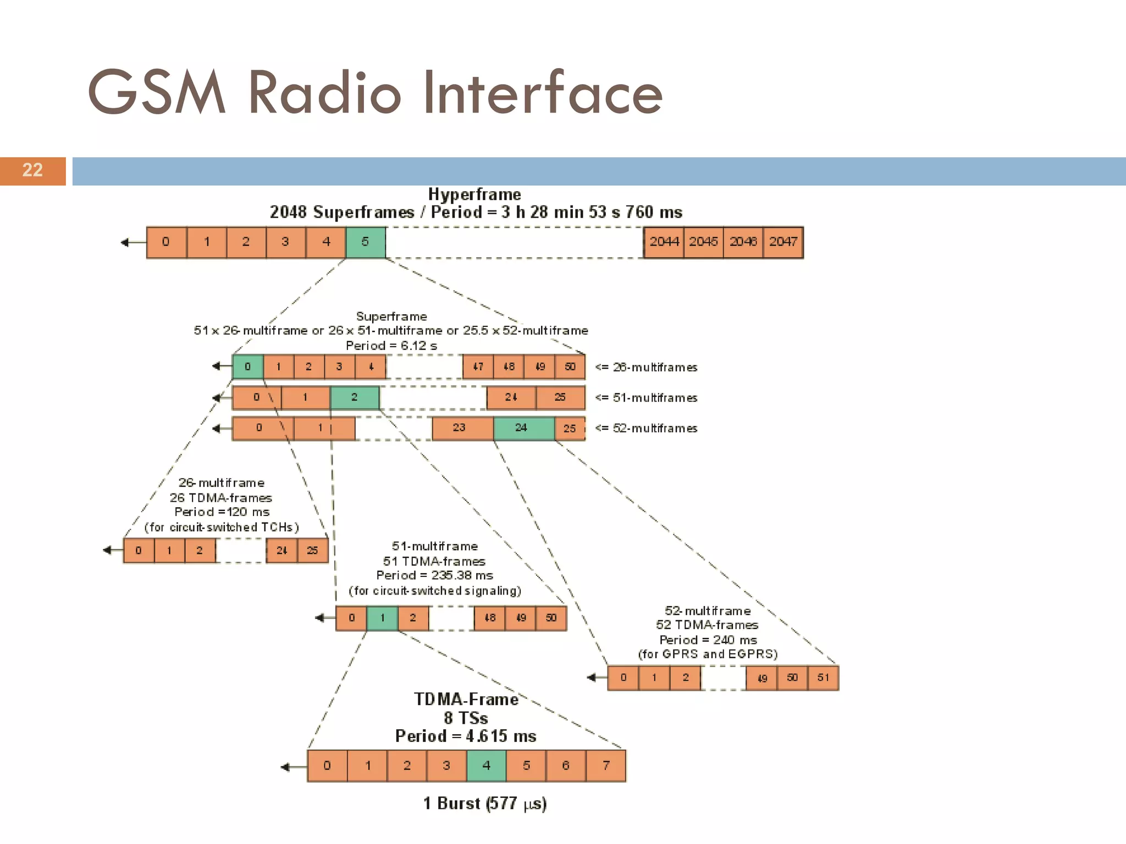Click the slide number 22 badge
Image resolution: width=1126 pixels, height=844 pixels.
coord(32,170)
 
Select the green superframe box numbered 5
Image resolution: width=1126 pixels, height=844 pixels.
coord(366,242)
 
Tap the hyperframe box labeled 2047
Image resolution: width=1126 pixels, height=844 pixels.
coord(783,242)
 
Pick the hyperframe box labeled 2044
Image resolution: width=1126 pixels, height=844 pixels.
coord(664,242)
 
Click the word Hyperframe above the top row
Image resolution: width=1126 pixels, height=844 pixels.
coord(474,195)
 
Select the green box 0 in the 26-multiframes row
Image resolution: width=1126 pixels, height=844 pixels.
coord(248,367)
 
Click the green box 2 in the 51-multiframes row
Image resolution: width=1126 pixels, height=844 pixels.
coord(355,397)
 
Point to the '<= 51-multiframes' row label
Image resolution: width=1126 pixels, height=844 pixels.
coord(647,398)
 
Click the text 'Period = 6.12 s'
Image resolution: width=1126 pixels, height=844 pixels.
coord(391,346)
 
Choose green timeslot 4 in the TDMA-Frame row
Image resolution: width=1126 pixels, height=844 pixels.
coord(486,765)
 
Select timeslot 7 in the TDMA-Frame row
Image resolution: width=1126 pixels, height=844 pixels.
coord(606,765)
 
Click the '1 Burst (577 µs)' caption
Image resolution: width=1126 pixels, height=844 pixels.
coord(484,803)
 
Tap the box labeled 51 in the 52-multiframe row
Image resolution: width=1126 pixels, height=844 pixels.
coord(823,678)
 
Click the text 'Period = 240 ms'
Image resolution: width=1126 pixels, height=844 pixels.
coord(708,640)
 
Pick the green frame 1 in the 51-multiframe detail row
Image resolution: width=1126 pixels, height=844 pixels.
coord(382,618)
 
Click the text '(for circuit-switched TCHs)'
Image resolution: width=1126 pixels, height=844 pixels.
coord(222,527)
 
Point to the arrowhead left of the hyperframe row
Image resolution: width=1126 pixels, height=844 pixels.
coord(125,242)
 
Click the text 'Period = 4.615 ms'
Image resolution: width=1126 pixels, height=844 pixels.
coord(466,736)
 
